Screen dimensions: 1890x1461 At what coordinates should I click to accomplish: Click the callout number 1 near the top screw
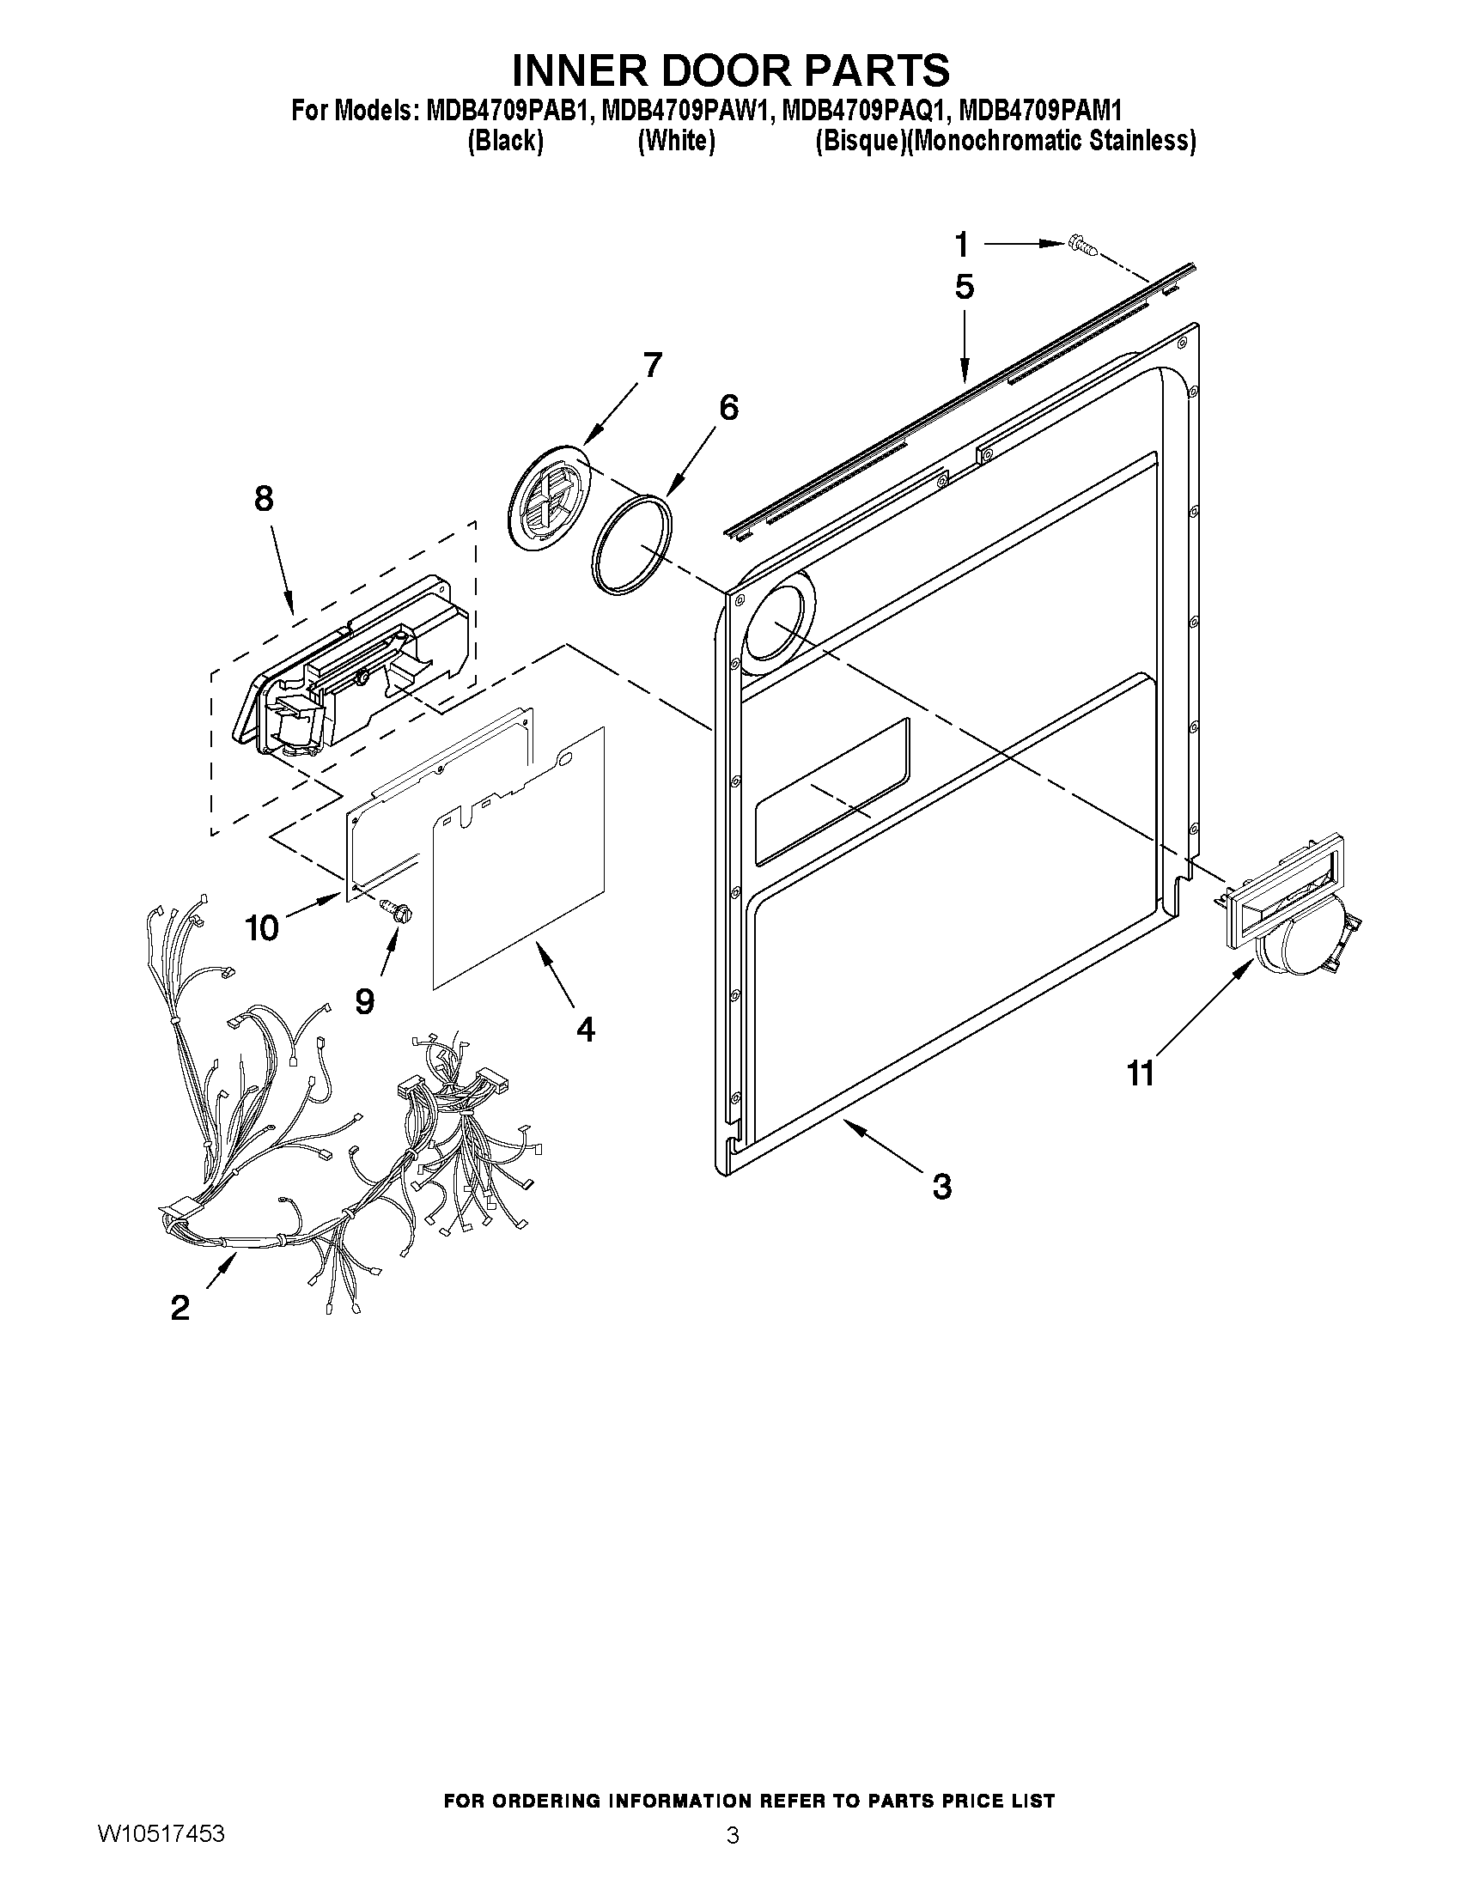(962, 245)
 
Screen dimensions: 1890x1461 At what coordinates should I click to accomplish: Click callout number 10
(261, 927)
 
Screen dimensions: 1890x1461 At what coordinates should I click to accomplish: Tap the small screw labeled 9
(398, 909)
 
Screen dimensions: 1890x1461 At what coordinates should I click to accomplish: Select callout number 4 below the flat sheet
(586, 1029)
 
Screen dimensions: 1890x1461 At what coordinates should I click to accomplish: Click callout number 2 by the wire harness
(180, 1307)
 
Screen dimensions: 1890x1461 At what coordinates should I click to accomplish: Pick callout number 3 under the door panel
(941, 1186)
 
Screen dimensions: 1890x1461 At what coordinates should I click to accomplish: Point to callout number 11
(1141, 1073)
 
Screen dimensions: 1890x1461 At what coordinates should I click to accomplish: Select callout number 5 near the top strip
(965, 287)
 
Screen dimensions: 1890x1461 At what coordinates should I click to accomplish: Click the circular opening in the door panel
(778, 623)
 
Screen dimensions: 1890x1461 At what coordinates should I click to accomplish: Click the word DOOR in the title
(733, 70)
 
